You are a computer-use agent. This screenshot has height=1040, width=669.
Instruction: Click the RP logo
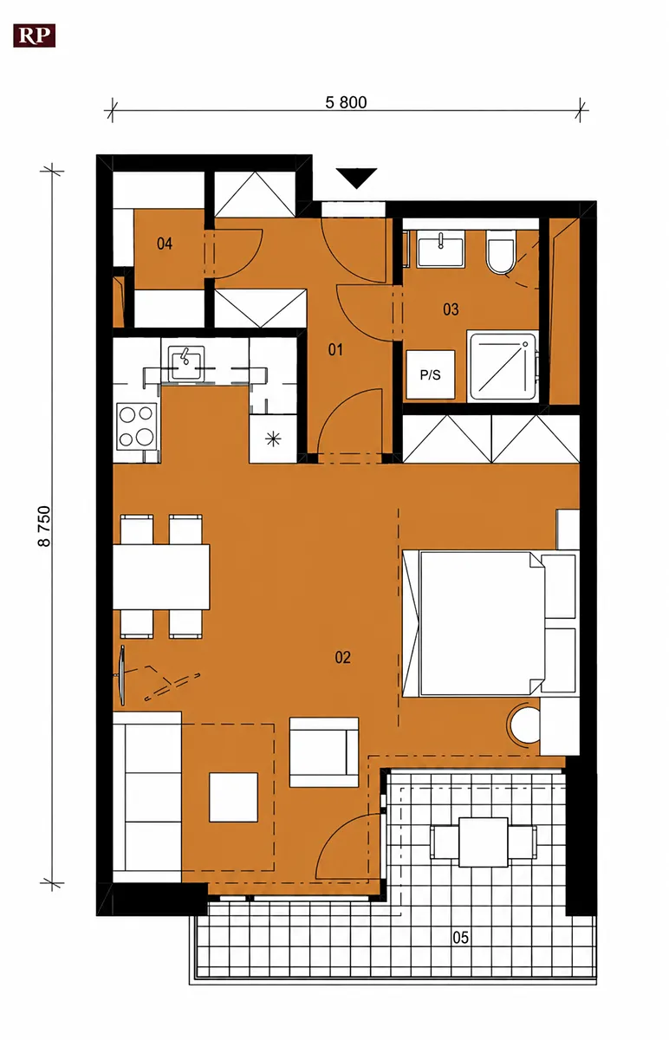pyautogui.click(x=35, y=36)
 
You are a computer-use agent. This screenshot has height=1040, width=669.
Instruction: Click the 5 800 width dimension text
pyautogui.click(x=346, y=102)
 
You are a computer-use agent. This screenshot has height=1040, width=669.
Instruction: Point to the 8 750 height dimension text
pyautogui.click(x=44, y=526)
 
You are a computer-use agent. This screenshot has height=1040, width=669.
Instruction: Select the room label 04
pyautogui.click(x=165, y=244)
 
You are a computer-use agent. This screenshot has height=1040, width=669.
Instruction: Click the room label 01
pyautogui.click(x=335, y=349)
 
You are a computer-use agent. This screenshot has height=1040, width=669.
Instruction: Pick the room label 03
pyautogui.click(x=451, y=309)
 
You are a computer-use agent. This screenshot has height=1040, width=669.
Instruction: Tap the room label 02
pyautogui.click(x=342, y=657)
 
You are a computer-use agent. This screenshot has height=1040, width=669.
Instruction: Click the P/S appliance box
pyautogui.click(x=431, y=374)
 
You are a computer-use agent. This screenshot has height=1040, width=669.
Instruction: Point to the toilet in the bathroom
pyautogui.click(x=500, y=252)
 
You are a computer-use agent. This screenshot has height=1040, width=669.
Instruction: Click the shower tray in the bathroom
pyautogui.click(x=503, y=366)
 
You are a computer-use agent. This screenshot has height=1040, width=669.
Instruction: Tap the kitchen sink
pyautogui.click(x=185, y=364)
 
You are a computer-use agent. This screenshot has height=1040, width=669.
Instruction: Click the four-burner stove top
pyautogui.click(x=137, y=426)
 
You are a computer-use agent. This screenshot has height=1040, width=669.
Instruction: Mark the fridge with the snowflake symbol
pyautogui.click(x=273, y=439)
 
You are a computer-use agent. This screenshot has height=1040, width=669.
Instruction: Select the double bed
pyautogui.click(x=490, y=624)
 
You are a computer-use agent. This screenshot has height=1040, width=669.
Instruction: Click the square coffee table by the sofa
pyautogui.click(x=233, y=796)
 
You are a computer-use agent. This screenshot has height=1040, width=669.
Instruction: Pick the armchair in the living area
pyautogui.click(x=324, y=752)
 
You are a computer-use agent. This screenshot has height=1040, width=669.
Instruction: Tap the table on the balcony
pyautogui.click(x=484, y=842)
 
